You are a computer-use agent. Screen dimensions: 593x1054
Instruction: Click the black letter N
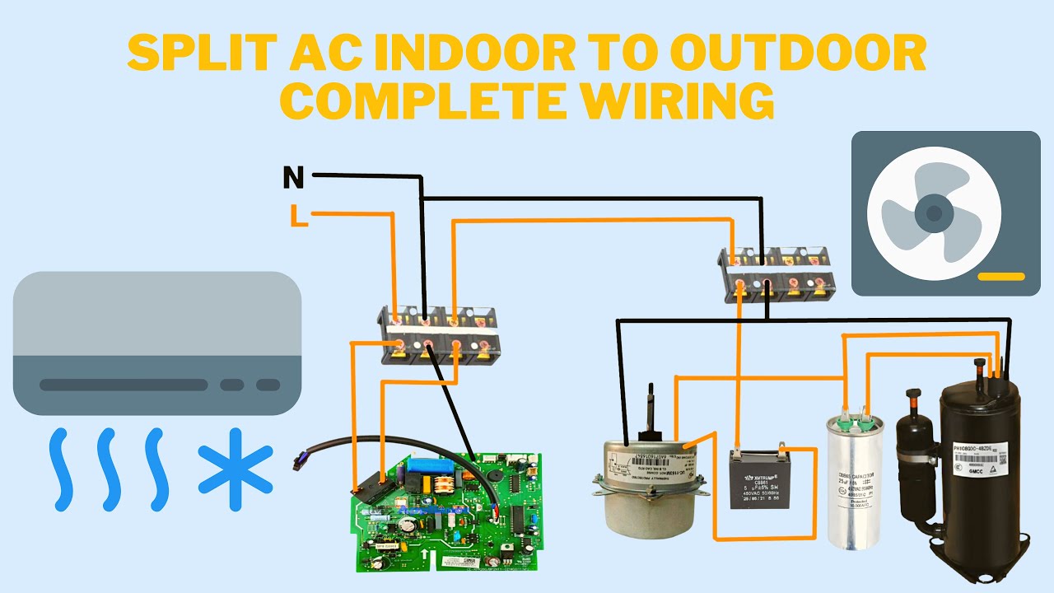(x=293, y=176)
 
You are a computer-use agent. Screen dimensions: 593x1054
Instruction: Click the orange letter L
(x=298, y=216)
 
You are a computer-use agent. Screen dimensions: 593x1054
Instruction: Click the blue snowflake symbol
(x=235, y=469)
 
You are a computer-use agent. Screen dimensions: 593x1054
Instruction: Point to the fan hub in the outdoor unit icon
(x=933, y=213)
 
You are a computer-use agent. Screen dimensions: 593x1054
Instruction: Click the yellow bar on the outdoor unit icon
(x=1000, y=277)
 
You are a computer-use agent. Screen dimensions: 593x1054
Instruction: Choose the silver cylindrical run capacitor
(x=856, y=482)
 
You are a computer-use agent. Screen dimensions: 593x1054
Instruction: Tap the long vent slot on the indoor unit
(x=124, y=385)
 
